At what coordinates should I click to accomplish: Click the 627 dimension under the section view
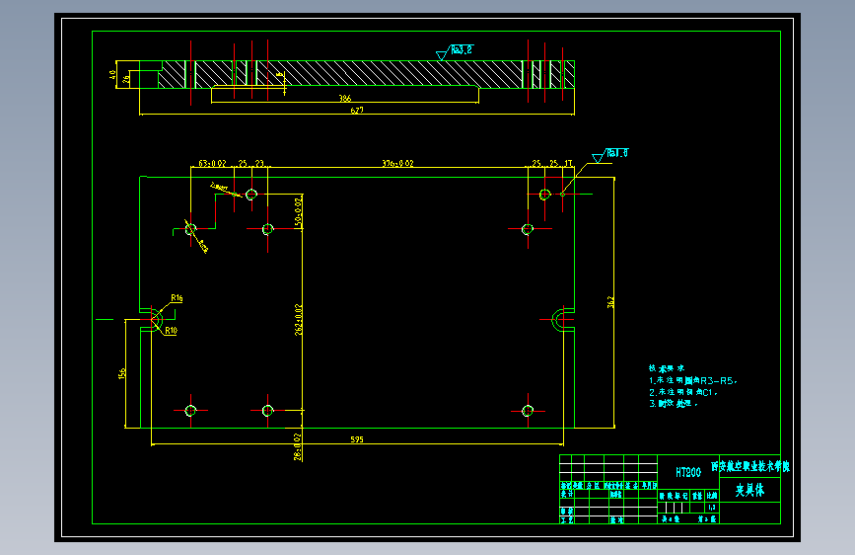[357, 111]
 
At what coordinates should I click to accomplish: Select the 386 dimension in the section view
[344, 99]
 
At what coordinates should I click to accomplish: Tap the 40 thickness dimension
[112, 74]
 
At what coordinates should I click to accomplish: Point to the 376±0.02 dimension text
[397, 163]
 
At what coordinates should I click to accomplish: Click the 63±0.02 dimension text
[212, 163]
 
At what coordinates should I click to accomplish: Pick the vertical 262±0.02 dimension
[299, 319]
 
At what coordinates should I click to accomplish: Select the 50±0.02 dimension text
[299, 211]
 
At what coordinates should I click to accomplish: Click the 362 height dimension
[611, 302]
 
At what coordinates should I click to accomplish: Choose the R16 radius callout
[177, 297]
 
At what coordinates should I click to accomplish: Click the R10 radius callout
[171, 330]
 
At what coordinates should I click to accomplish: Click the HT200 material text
[688, 472]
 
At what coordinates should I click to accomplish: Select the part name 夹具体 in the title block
[749, 490]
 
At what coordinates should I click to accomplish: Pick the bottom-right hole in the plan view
[528, 410]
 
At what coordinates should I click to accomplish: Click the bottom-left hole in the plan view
[190, 410]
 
